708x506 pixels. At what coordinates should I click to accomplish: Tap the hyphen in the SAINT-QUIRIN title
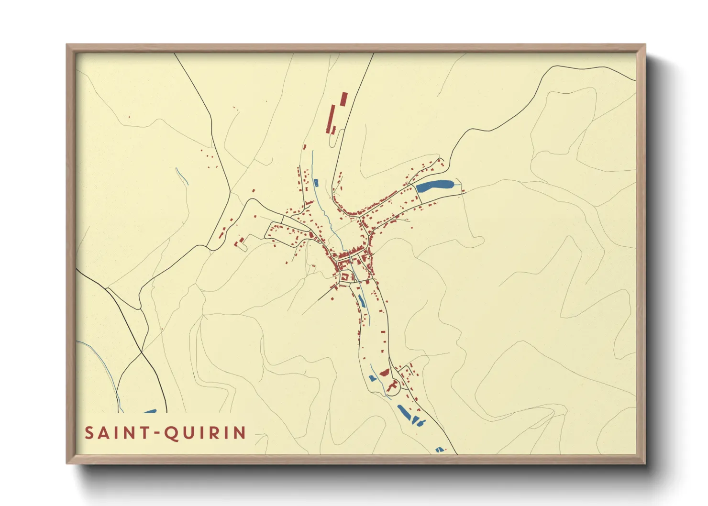[155, 433]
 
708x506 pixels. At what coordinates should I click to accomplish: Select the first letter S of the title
[89, 433]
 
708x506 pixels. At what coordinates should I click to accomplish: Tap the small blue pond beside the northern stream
[316, 183]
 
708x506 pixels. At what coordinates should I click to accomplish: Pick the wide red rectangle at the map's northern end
[343, 99]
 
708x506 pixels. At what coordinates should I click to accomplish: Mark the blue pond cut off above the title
[150, 411]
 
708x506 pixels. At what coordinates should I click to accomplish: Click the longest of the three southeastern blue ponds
[404, 412]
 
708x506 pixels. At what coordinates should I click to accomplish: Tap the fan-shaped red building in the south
[384, 372]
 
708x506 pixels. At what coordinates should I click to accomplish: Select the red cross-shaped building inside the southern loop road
[393, 385]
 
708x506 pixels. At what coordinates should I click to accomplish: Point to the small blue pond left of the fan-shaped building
[373, 378]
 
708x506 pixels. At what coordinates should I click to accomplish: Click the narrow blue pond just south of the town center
[362, 300]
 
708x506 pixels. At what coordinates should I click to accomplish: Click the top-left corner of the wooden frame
[67, 45]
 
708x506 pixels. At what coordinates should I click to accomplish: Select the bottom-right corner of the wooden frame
[645, 463]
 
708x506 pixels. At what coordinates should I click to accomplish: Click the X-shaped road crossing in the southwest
[142, 352]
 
